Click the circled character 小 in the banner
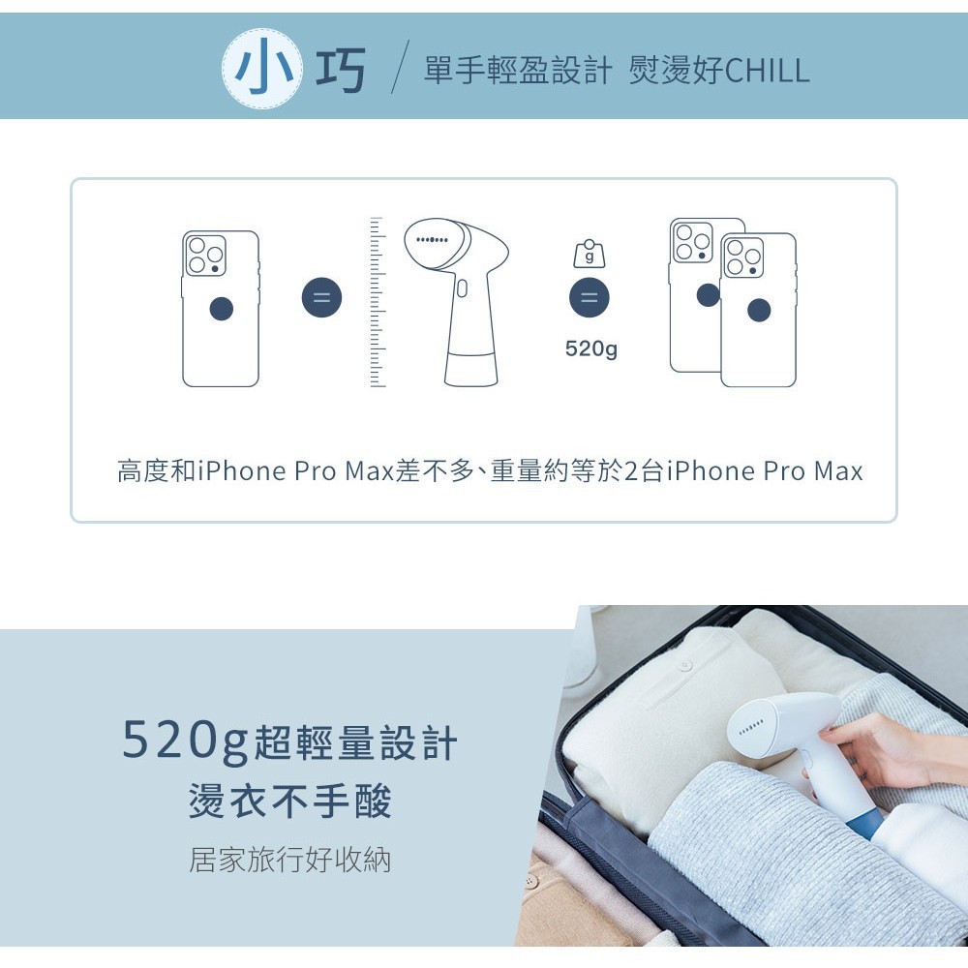coord(262,68)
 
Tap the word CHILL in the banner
coord(766,70)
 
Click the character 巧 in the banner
coord(341,69)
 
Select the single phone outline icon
coord(221,309)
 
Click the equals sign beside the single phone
coord(321,297)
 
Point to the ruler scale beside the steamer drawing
coord(378,302)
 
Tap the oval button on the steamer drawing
coord(462,288)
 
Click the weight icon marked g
coord(590,254)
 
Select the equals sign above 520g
coord(589,297)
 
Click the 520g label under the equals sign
coord(590,348)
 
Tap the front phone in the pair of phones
coord(758,310)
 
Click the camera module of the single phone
coord(205,255)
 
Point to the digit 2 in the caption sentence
coord(631,470)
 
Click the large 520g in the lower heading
coord(185,741)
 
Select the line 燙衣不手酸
coord(290,801)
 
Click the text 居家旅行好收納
coord(289,860)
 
